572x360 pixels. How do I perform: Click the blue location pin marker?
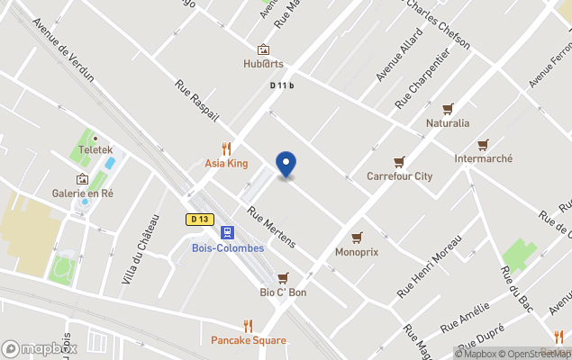point(286,164)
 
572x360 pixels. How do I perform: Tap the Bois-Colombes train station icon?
point(227,232)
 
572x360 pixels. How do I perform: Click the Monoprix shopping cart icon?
point(357,237)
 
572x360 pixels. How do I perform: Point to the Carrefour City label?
point(399,176)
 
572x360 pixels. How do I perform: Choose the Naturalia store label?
point(448,122)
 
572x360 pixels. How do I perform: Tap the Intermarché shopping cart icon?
point(484,144)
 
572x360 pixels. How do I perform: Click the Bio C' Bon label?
point(284,292)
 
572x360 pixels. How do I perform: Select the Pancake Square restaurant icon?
point(249,326)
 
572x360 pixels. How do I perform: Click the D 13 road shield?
point(199,219)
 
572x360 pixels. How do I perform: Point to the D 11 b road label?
point(282,85)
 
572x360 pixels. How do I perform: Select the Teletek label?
point(95,149)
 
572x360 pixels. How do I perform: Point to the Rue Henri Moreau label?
point(430,267)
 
